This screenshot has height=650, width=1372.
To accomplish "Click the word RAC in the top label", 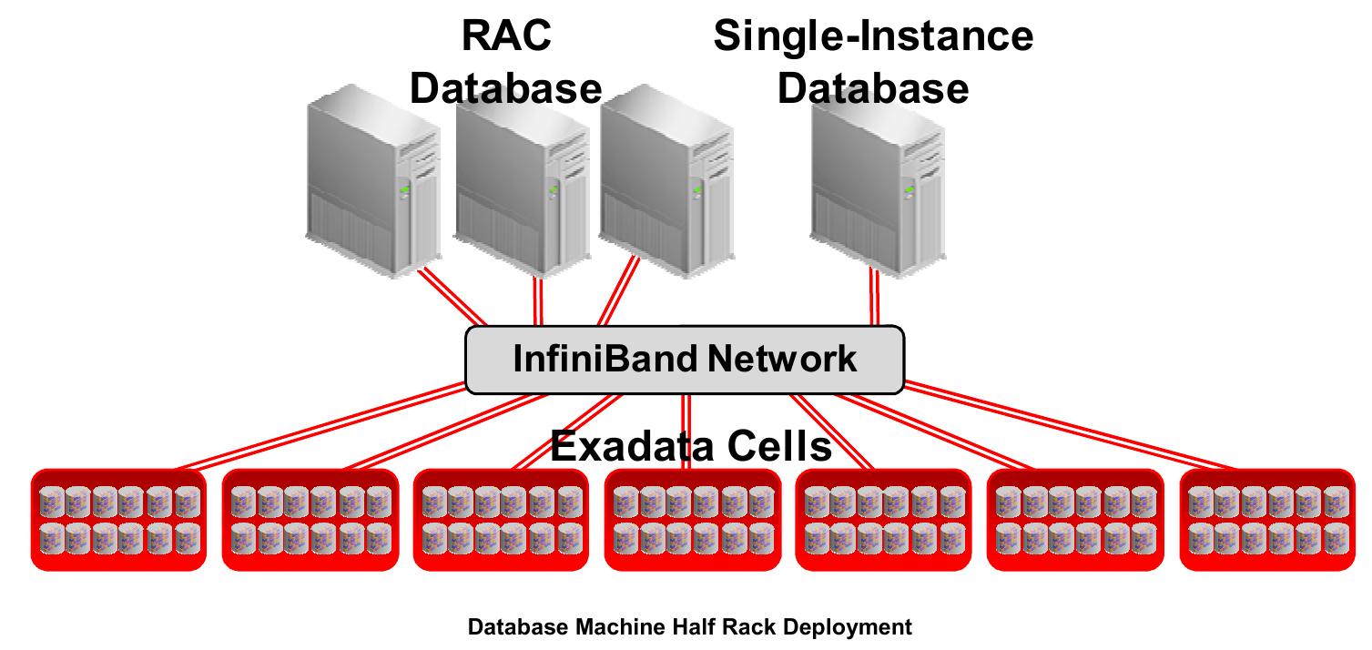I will pos(505,37).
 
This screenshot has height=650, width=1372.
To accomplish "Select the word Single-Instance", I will pos(873,37).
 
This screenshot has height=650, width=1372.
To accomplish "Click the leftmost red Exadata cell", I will pos(119,520).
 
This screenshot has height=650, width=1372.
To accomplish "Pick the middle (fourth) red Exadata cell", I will pos(693,520).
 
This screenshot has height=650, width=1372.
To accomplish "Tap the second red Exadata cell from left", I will pos(310,520).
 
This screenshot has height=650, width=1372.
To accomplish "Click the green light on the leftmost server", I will pos(402,189).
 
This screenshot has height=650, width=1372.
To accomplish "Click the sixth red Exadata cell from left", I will pos(1075,520).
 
